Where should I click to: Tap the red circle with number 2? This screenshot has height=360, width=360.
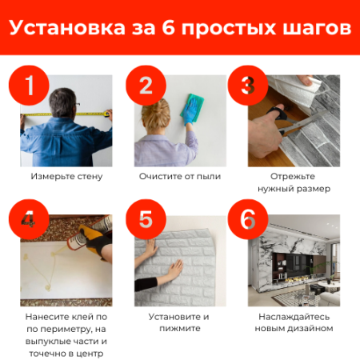[146, 85]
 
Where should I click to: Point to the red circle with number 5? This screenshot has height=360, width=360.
[146, 219]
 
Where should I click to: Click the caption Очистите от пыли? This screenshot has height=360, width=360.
[180, 176]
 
